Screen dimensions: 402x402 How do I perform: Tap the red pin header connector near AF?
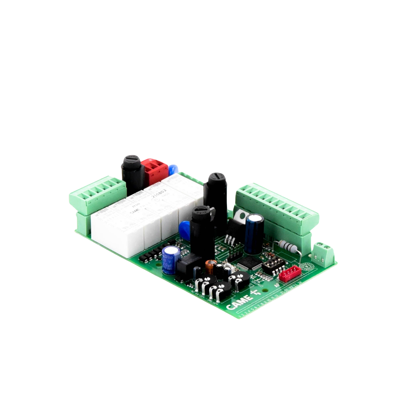point(290,274)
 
